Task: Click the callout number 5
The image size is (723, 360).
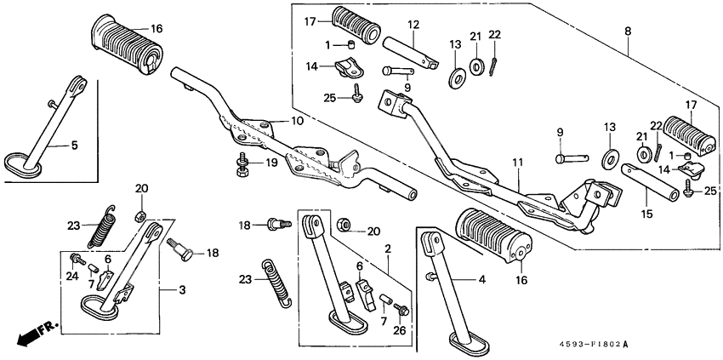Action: pos(74,146)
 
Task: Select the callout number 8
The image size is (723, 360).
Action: pos(629,31)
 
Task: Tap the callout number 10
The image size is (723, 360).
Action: pos(296,122)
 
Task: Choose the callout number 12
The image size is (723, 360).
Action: pos(413,25)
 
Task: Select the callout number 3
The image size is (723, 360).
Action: pos(181,291)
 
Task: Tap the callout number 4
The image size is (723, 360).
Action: pos(482,278)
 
